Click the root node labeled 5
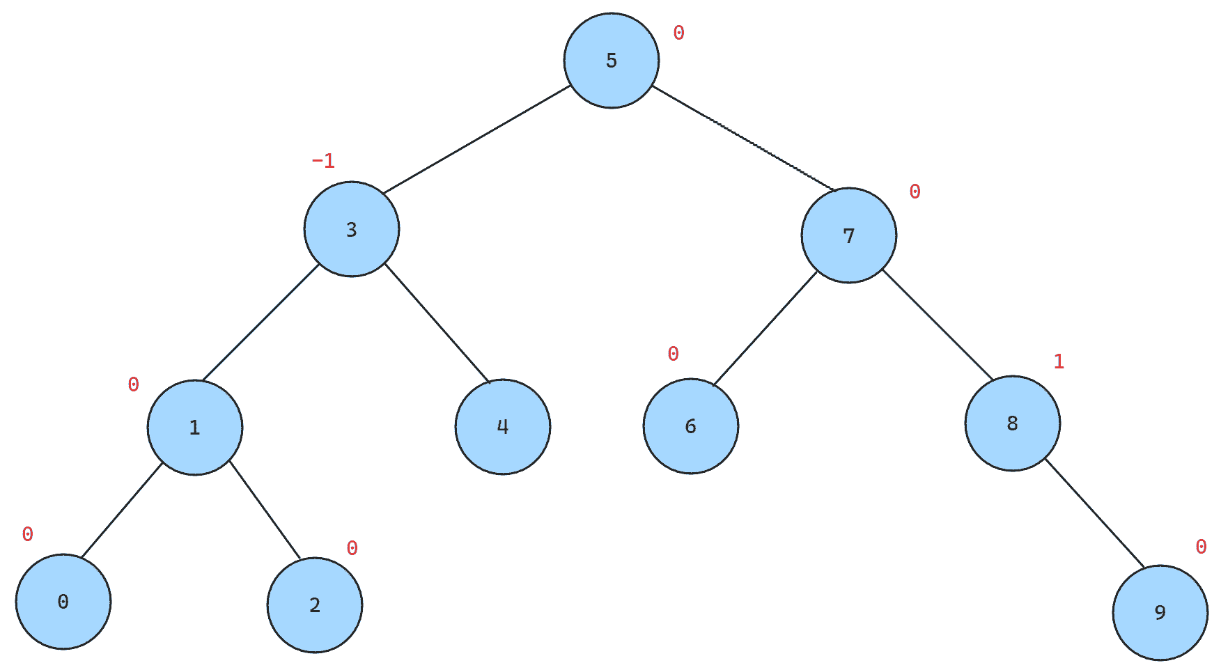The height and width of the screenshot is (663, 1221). [612, 61]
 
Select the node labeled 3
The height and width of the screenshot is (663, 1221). [352, 229]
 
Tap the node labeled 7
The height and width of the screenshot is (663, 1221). [849, 235]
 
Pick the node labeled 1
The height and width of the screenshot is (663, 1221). [195, 428]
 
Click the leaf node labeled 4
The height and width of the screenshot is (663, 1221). [503, 427]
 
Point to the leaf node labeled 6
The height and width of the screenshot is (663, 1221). [691, 426]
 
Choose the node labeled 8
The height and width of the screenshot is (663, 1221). [1013, 423]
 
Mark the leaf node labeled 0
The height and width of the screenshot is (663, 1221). [63, 602]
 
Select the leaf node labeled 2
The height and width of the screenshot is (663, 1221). [315, 605]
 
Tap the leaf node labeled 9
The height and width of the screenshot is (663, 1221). [1160, 613]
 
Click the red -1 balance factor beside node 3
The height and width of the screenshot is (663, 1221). [323, 161]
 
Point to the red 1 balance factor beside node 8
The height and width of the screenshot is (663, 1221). [1059, 361]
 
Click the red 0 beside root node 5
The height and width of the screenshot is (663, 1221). [678, 33]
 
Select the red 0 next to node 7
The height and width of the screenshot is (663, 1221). [915, 192]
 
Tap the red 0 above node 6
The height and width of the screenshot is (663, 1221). [673, 354]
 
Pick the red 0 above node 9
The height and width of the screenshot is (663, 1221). [1201, 547]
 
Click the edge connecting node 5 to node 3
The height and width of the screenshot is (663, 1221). [476, 139]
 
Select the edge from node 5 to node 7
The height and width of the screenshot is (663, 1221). [743, 138]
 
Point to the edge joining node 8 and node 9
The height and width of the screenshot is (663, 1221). [1094, 513]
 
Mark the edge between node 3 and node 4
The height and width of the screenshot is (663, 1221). [437, 323]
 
